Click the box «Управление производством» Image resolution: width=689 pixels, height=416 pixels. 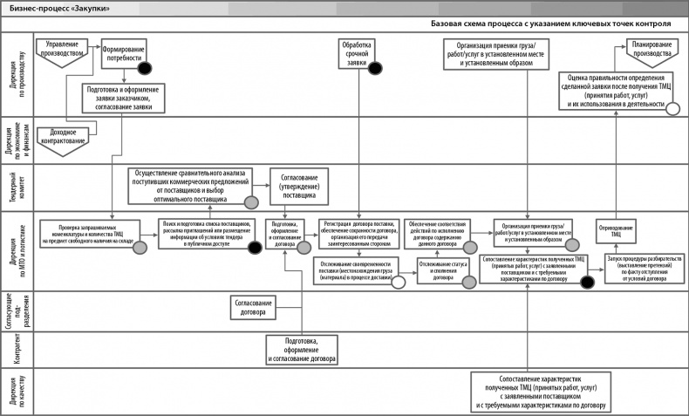pyautogui.click(x=62, y=48)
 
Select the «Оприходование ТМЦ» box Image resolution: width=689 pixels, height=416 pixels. pyautogui.click(x=617, y=233)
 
